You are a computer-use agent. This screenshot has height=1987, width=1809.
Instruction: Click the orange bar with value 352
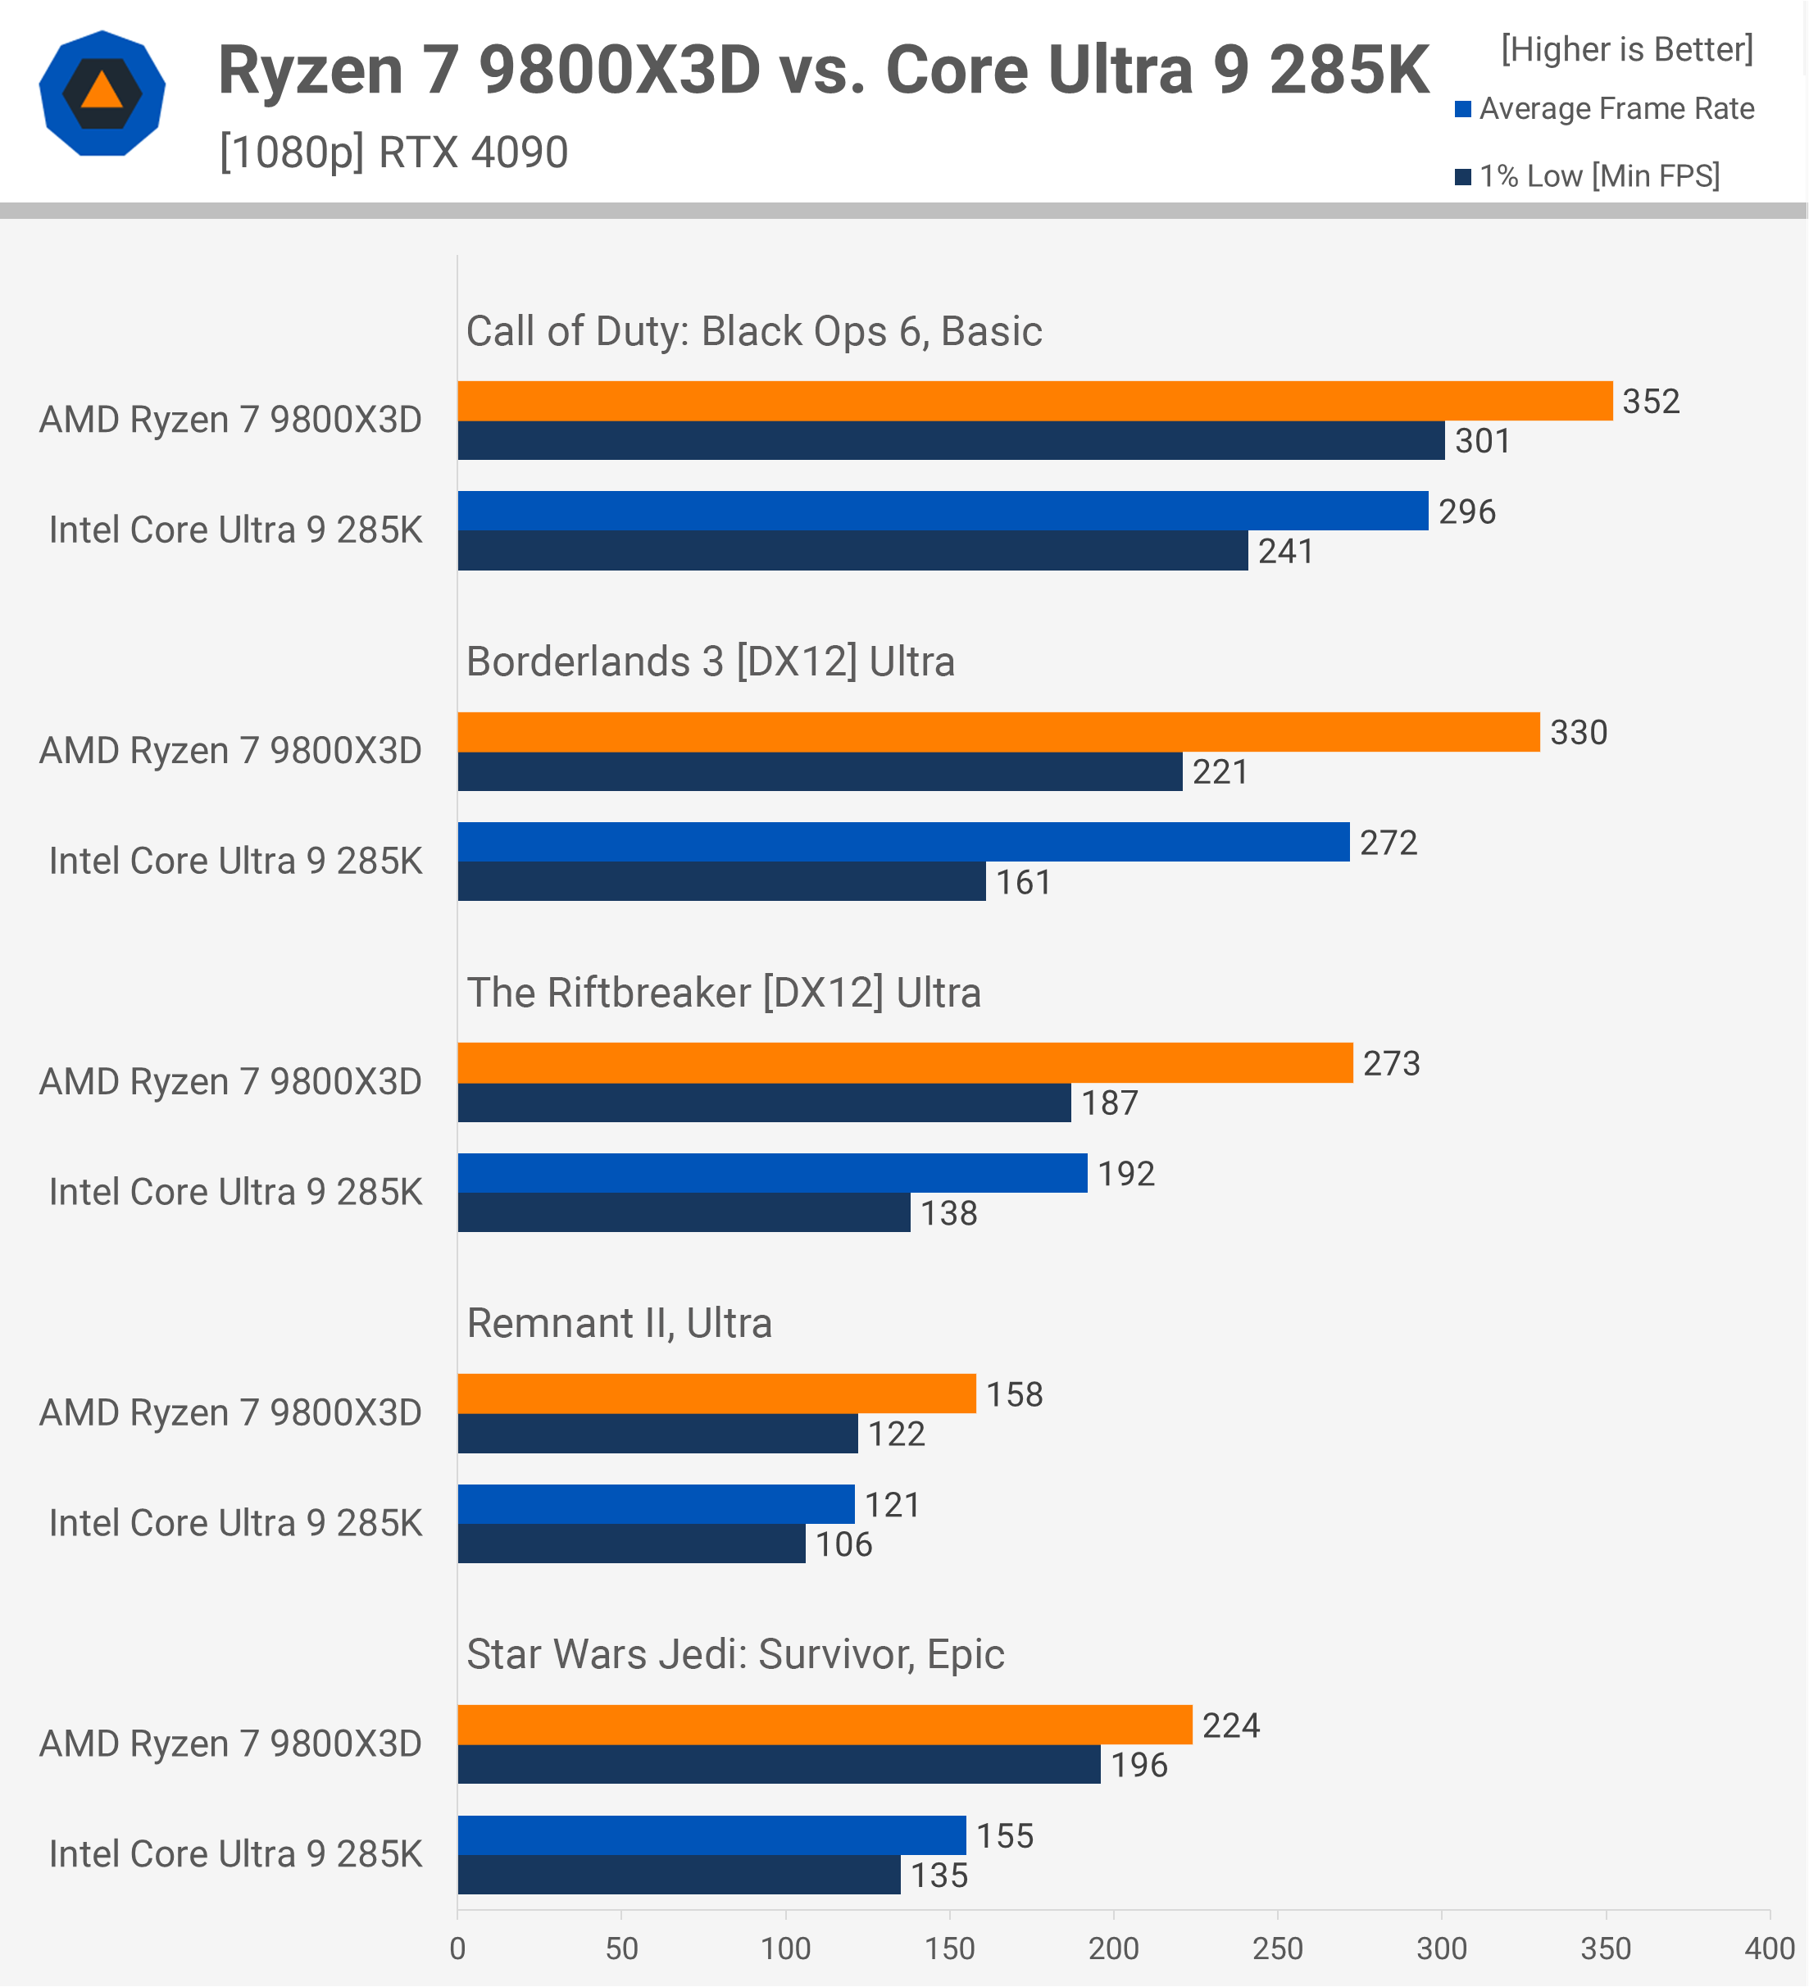[x=1034, y=401]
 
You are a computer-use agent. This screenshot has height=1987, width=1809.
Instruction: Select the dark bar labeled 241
[x=852, y=551]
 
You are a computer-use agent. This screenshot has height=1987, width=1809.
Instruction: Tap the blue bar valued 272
[x=903, y=842]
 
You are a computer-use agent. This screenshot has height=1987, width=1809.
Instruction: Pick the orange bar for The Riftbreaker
[x=905, y=1062]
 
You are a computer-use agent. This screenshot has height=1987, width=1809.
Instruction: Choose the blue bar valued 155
[x=711, y=1835]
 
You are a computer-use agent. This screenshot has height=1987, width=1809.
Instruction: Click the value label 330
[x=1579, y=732]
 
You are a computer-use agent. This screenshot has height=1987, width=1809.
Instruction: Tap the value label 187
[x=1110, y=1103]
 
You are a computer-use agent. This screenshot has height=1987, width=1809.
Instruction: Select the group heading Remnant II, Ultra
[x=619, y=1323]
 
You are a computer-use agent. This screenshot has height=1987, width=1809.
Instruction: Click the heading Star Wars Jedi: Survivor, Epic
[x=735, y=1654]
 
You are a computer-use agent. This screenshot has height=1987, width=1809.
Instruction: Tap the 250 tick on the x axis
[x=1278, y=1948]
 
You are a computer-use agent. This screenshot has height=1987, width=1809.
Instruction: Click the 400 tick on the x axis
[x=1770, y=1948]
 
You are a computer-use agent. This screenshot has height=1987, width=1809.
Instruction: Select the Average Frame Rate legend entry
[x=1605, y=108]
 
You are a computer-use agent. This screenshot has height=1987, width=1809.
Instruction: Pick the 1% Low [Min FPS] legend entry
[x=1588, y=175]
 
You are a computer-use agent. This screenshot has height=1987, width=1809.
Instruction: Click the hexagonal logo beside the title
[x=102, y=93]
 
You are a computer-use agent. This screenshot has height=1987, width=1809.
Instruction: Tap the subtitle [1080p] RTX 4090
[x=393, y=152]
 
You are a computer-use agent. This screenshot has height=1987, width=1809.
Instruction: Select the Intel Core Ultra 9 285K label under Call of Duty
[x=235, y=530]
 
